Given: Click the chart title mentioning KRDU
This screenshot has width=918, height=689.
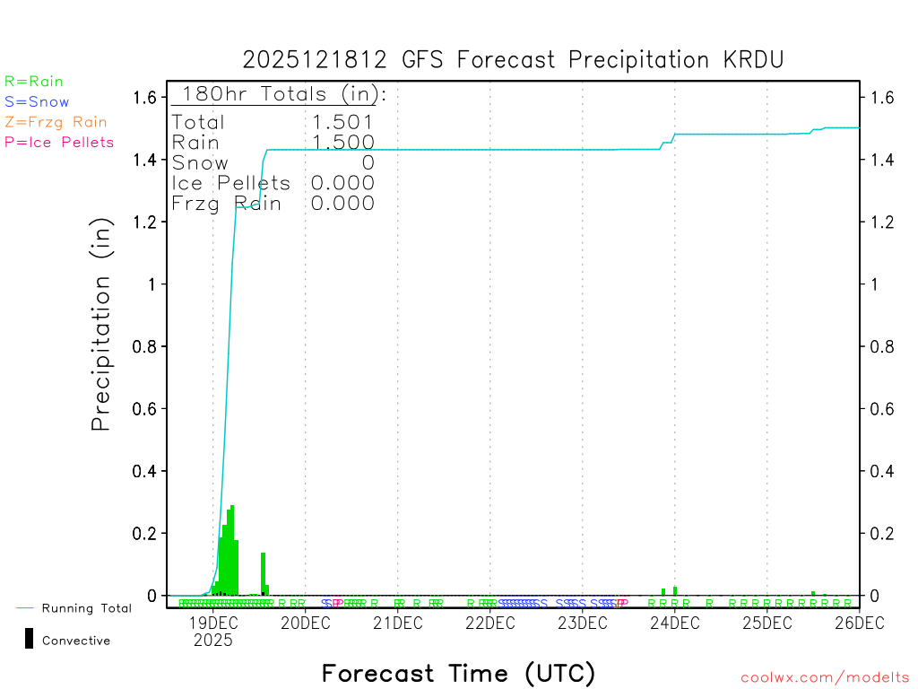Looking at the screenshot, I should click(x=513, y=60).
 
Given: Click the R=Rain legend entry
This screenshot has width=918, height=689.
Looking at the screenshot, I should click(x=34, y=82).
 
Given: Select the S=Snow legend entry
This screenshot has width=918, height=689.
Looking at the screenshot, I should click(x=37, y=102).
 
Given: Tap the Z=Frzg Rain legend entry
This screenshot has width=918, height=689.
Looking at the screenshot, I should click(x=56, y=122).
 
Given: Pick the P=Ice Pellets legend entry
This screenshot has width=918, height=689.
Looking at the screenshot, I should click(x=59, y=142).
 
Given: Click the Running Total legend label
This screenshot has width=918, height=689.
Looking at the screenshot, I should click(x=86, y=608).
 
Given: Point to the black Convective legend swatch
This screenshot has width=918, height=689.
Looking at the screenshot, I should click(x=29, y=638).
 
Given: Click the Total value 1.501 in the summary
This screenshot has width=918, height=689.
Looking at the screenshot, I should click(x=342, y=122).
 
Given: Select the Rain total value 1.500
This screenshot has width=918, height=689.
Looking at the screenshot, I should click(x=342, y=143).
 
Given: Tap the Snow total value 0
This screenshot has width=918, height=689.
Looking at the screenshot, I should click(x=368, y=162).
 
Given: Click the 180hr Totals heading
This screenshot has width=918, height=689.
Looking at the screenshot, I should click(x=279, y=94).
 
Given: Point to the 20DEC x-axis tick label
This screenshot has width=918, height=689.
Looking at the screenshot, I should click(x=306, y=623).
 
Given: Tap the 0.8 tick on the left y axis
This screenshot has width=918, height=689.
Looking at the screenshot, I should click(x=145, y=346).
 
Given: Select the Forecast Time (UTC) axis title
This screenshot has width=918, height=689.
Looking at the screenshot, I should click(x=458, y=673).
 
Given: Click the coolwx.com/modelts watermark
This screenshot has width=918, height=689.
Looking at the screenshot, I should click(x=825, y=677).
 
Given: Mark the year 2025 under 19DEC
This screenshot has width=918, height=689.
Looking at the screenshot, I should click(x=212, y=641).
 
